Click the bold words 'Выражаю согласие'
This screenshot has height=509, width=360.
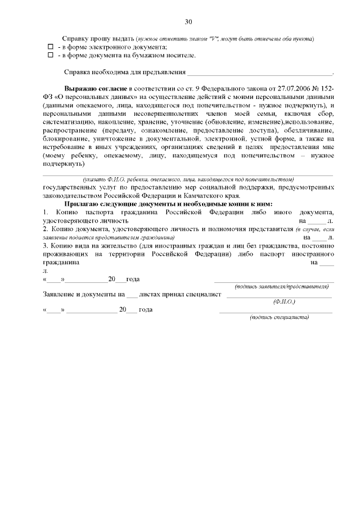(96, 89)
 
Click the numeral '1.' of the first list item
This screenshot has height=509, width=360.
(46, 212)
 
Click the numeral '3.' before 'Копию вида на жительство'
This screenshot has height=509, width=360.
(46, 246)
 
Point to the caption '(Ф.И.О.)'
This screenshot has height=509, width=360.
(284, 301)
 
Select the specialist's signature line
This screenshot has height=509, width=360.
(276, 310)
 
